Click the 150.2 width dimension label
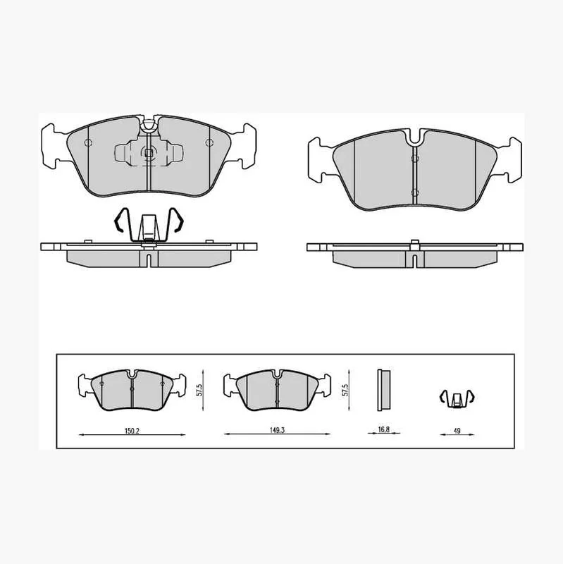tap(132, 431)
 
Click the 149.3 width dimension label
tap(277, 430)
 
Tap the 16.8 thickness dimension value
tap(383, 429)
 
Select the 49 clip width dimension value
tap(457, 431)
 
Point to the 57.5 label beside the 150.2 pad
tap(200, 390)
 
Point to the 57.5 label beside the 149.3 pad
tap(345, 390)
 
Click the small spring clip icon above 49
tap(457, 399)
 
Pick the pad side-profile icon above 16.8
tap(383, 390)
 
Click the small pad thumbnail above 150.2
tap(132, 391)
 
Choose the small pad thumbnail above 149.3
tap(277, 391)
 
